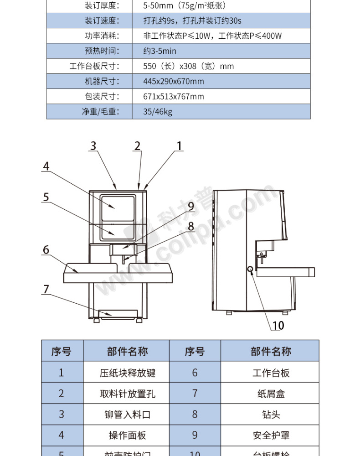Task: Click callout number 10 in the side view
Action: point(278,325)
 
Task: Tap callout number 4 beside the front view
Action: point(46,166)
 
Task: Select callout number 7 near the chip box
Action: point(46,289)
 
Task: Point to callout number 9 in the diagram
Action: point(191,206)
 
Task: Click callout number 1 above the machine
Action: point(180,146)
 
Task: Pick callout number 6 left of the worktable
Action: point(46,250)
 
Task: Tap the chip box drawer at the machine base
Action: point(118,314)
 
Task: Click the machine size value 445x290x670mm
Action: point(173,81)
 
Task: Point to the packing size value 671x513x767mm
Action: point(173,96)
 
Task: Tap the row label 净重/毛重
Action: point(100,112)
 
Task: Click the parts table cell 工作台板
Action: point(271,373)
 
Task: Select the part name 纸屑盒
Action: point(271,394)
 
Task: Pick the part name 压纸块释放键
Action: point(127,373)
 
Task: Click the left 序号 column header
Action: point(62,352)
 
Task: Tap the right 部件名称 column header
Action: point(271,352)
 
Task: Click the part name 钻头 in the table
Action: point(271,414)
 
